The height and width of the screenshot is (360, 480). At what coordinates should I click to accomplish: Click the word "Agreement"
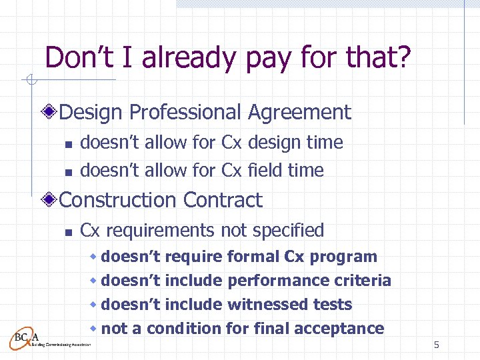[x=299, y=113]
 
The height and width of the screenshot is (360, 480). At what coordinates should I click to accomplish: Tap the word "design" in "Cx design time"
[x=274, y=143]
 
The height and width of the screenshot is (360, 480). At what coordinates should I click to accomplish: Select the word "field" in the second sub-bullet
[x=265, y=171]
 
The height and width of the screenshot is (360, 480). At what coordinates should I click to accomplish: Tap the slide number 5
[x=437, y=345]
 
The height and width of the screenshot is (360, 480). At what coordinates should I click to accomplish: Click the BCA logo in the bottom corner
[x=27, y=337]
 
